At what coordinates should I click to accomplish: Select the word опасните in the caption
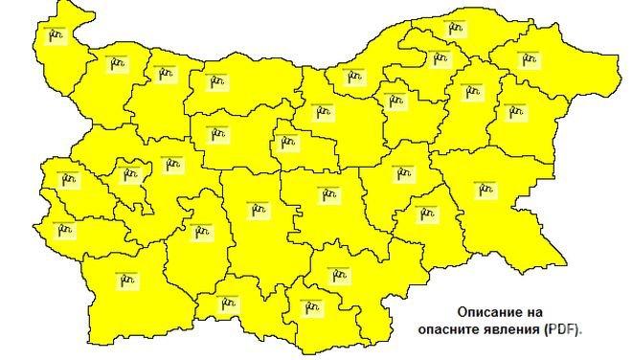point(448,328)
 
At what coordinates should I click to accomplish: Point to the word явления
point(511,328)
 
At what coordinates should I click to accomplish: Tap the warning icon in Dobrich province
point(527,58)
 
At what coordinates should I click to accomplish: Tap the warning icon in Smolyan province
point(227,304)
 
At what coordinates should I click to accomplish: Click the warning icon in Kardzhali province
point(310,305)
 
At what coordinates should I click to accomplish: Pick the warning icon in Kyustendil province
point(65,229)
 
